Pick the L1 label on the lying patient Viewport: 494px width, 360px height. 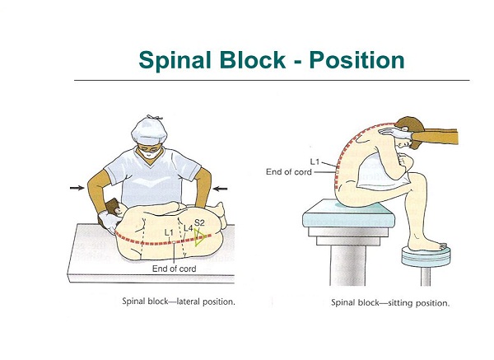click(x=169, y=233)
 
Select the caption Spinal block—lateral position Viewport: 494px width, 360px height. click(x=178, y=302)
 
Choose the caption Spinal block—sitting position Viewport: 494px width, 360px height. click(x=390, y=302)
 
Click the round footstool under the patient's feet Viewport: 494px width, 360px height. click(x=425, y=253)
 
